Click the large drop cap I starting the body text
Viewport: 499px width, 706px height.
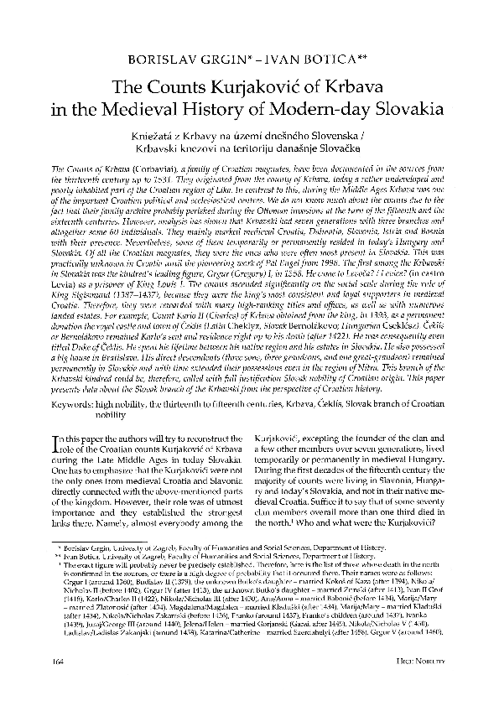[44, 443]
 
